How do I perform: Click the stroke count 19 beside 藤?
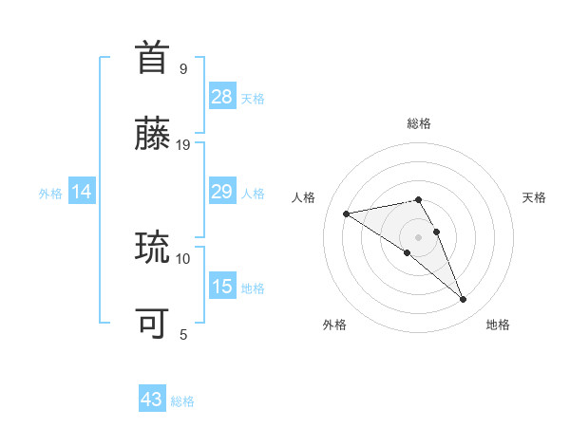[x=183, y=144]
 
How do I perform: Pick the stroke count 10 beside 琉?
[x=183, y=258]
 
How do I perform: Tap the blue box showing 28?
[x=222, y=97]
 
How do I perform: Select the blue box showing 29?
[x=222, y=192]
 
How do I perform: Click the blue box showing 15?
[x=222, y=287]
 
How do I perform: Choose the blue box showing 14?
[x=82, y=193]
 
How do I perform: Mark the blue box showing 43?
[x=152, y=400]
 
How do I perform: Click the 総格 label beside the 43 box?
[x=182, y=401]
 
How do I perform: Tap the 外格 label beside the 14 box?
[x=50, y=194]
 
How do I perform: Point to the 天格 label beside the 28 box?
[x=253, y=98]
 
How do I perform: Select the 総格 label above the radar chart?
[x=419, y=123]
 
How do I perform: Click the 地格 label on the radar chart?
[x=498, y=325]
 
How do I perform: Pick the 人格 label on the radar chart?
[x=304, y=197]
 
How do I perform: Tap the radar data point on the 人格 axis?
[x=347, y=213]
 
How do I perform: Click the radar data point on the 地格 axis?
[x=464, y=300]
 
